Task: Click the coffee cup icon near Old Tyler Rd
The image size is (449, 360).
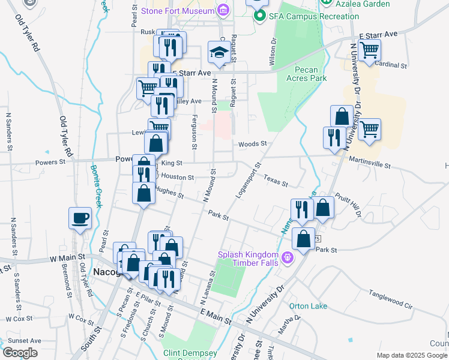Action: click(x=80, y=218)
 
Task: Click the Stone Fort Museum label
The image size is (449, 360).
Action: click(x=178, y=11)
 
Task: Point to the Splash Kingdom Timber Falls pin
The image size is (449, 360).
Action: click(x=288, y=258)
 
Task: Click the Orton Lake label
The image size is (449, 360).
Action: click(x=308, y=306)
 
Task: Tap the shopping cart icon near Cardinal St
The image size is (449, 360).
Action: click(x=369, y=50)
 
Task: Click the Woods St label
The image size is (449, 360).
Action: click(x=252, y=144)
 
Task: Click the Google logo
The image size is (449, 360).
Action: click(x=20, y=353)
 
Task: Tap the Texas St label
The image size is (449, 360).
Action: click(x=276, y=179)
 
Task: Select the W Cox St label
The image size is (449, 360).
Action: click(x=80, y=316)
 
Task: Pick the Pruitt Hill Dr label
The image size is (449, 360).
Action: click(x=348, y=205)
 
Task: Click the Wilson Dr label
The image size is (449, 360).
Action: click(x=273, y=52)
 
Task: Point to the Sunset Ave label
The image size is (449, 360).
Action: click(x=24, y=340)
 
